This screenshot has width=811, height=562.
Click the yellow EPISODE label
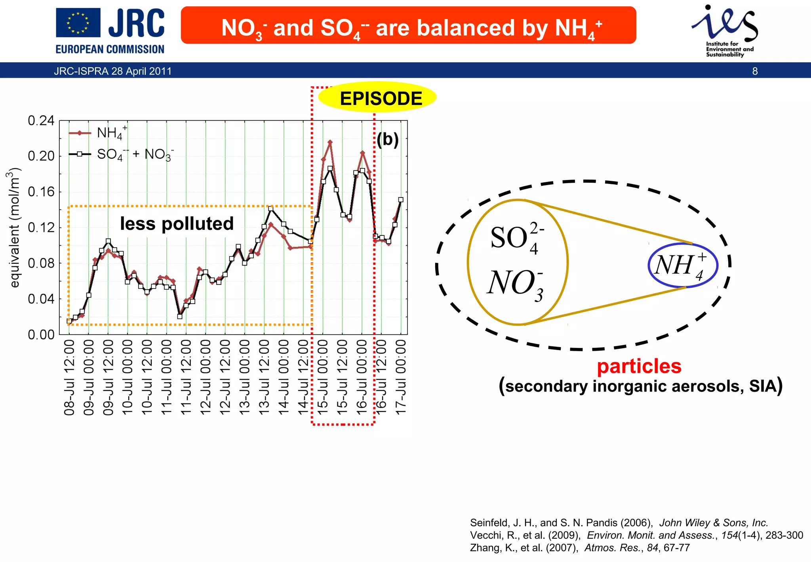[x=381, y=98]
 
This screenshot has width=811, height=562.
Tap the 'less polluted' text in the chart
[x=177, y=224]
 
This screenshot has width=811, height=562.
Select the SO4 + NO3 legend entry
[x=135, y=154]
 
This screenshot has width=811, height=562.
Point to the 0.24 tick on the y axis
[x=41, y=120]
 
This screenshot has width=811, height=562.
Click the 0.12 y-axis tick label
[x=41, y=227]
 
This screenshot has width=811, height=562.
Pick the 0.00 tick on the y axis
[x=41, y=335]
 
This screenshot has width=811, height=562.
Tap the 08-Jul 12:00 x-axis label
[x=69, y=378]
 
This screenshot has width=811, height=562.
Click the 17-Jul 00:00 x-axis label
[x=401, y=378]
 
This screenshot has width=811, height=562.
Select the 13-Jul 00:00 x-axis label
[x=245, y=378]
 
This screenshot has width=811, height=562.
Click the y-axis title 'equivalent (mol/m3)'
[x=15, y=227]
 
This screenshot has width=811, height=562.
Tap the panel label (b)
[x=388, y=140]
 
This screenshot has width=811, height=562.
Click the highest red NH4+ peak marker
[x=330, y=142]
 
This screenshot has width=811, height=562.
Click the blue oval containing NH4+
[x=683, y=265]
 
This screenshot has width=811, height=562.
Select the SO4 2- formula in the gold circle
[x=517, y=238]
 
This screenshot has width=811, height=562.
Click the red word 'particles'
[x=639, y=366]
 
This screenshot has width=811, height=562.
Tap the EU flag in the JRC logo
[x=78, y=23]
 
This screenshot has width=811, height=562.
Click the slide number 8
[x=755, y=71]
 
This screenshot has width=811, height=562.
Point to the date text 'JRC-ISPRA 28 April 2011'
[x=113, y=71]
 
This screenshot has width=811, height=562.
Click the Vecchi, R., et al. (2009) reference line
[x=636, y=535]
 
